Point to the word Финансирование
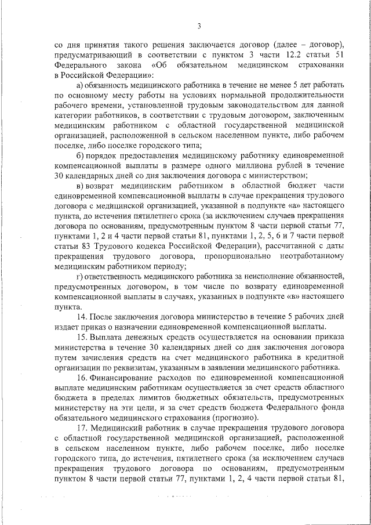126,377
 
